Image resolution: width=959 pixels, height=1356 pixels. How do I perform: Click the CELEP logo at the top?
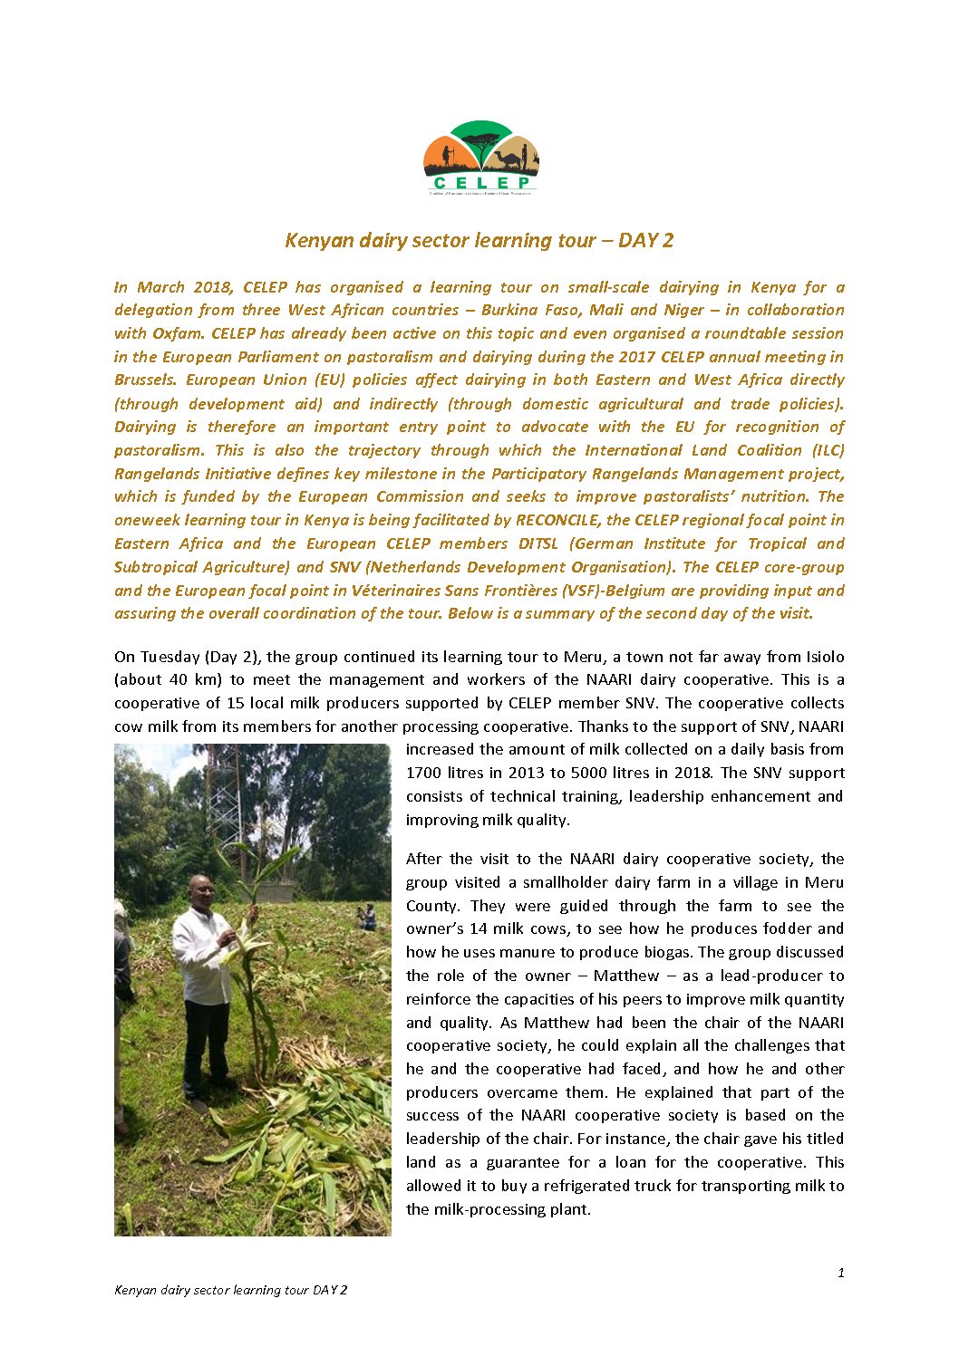tap(480, 158)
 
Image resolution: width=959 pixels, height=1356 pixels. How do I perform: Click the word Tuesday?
tap(170, 657)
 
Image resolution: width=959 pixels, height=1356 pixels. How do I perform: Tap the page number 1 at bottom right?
tap(840, 1273)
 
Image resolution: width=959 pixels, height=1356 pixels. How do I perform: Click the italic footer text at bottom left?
tap(230, 1290)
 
